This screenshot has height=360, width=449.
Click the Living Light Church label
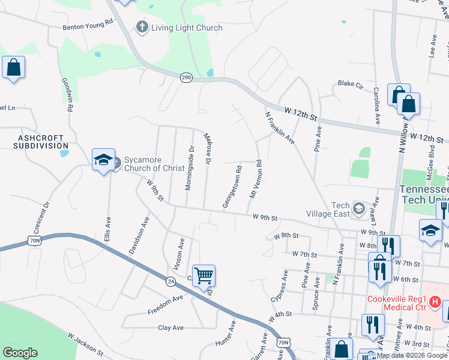click(x=187, y=28)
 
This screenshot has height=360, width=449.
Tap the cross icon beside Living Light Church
click(x=142, y=27)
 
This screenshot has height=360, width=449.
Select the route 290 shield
click(x=186, y=77)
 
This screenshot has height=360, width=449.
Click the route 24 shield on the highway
click(x=170, y=280)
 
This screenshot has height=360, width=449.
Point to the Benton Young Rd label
click(x=88, y=26)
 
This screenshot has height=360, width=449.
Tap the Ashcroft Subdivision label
click(x=41, y=142)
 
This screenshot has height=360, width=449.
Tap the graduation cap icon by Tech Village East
click(x=359, y=209)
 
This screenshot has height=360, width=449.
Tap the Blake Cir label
click(x=351, y=84)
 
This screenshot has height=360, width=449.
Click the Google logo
click(x=20, y=353)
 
